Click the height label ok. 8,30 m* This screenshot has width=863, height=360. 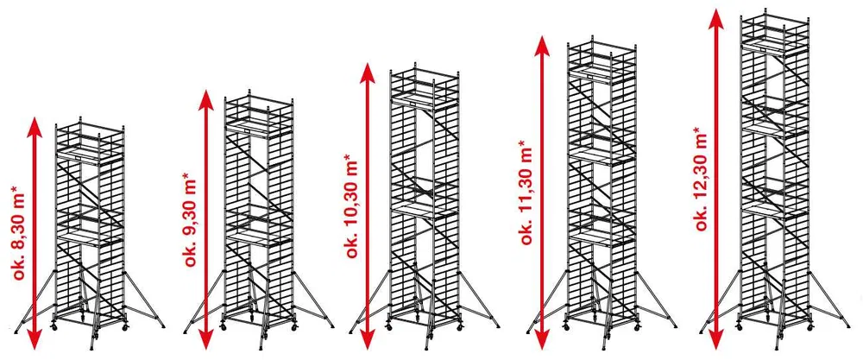point(21,233)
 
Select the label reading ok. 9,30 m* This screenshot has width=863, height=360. point(191,219)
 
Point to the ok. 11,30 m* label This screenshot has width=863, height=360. point(526,192)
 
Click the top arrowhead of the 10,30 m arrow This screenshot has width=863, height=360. point(367,73)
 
